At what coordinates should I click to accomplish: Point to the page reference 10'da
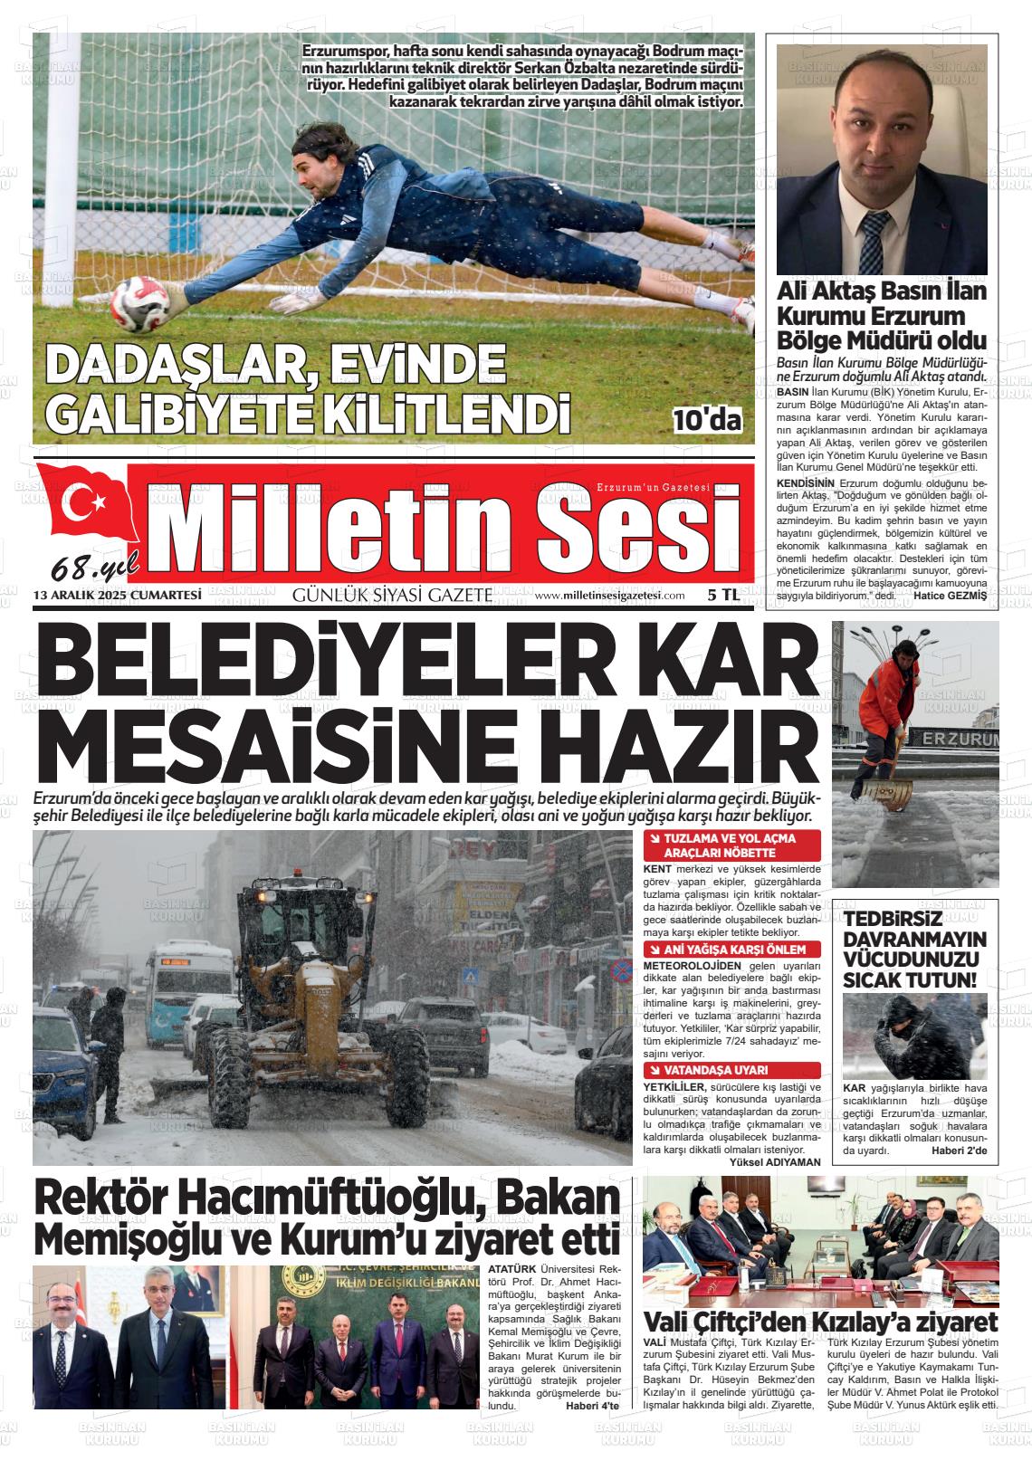pos(707,419)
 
